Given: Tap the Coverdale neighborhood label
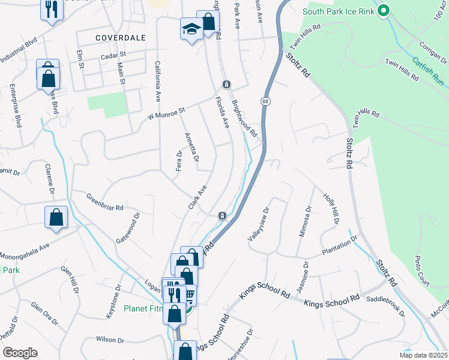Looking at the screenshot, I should (x=120, y=37).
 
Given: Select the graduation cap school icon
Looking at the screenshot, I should (x=191, y=29).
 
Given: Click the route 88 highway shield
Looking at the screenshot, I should (x=265, y=101).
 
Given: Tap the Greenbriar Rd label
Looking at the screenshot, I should (x=104, y=202).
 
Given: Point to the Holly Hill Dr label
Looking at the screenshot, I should (x=331, y=208).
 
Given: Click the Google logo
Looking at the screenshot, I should (x=20, y=353).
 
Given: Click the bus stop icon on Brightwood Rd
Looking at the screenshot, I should (x=226, y=84).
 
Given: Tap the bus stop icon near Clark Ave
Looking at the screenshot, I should (x=222, y=215).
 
